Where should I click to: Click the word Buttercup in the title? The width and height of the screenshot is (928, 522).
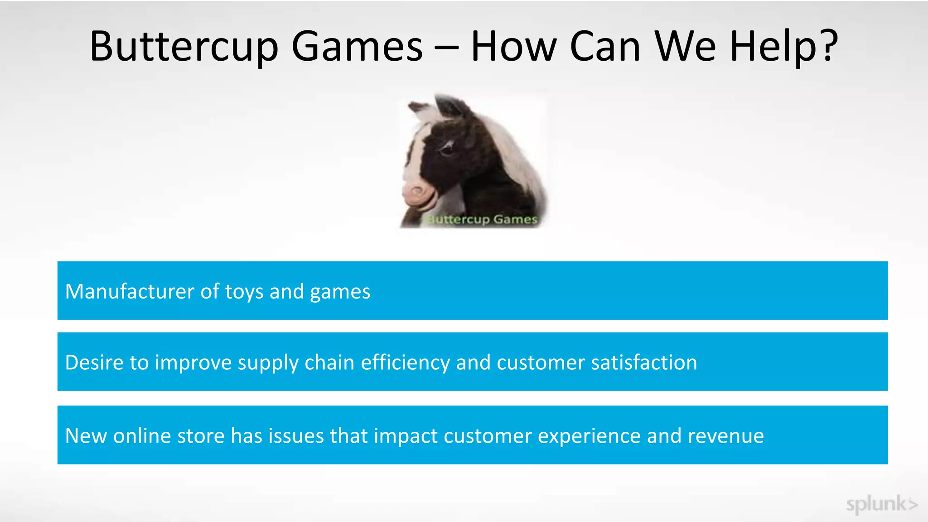184,47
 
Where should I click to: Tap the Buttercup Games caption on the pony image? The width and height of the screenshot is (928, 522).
482,220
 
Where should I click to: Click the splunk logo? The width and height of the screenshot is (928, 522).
881,504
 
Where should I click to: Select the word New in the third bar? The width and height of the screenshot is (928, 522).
86,436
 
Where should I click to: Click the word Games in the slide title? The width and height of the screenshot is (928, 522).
357,47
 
